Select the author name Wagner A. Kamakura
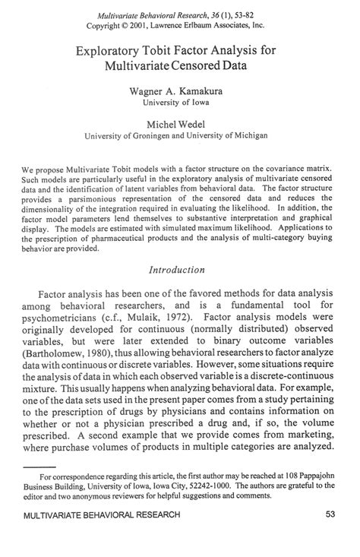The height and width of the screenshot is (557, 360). [x=180, y=90]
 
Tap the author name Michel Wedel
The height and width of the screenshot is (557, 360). [x=180, y=124]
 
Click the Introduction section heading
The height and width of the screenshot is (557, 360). [x=179, y=268]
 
